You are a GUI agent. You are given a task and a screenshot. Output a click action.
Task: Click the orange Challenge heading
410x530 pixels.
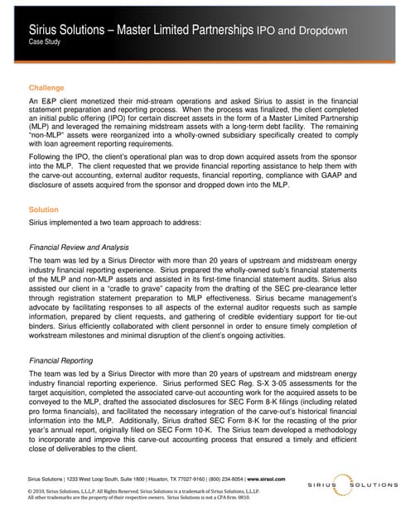pos(46,87)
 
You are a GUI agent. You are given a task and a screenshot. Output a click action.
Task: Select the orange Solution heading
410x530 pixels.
pos(44,210)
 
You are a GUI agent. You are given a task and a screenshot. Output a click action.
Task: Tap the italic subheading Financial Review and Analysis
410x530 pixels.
pos(79,248)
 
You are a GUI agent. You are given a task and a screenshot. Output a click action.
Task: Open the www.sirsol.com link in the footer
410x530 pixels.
pos(269,479)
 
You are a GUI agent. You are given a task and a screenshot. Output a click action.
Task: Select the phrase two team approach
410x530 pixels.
pos(117,224)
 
